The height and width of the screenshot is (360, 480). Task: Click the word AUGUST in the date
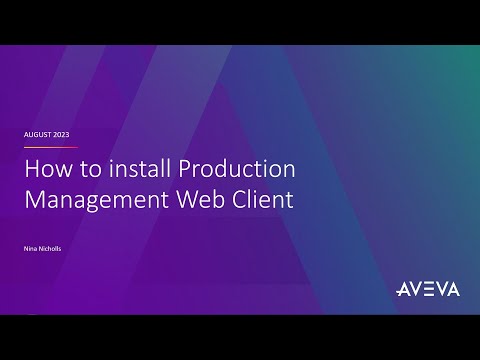pyautogui.click(x=38, y=134)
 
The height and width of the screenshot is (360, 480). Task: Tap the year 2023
pyautogui.click(x=61, y=134)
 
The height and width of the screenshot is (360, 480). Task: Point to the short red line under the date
pyautogui.click(x=51, y=146)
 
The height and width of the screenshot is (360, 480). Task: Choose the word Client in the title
pyautogui.click(x=263, y=198)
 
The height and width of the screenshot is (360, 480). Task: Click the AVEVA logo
pyautogui.click(x=427, y=289)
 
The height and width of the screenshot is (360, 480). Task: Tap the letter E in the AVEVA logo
pyautogui.click(x=427, y=289)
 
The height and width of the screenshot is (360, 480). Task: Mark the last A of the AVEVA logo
pyautogui.click(x=453, y=289)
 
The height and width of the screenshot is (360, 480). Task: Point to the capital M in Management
pyautogui.click(x=35, y=198)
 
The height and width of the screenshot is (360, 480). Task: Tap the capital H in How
pyautogui.click(x=32, y=169)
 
